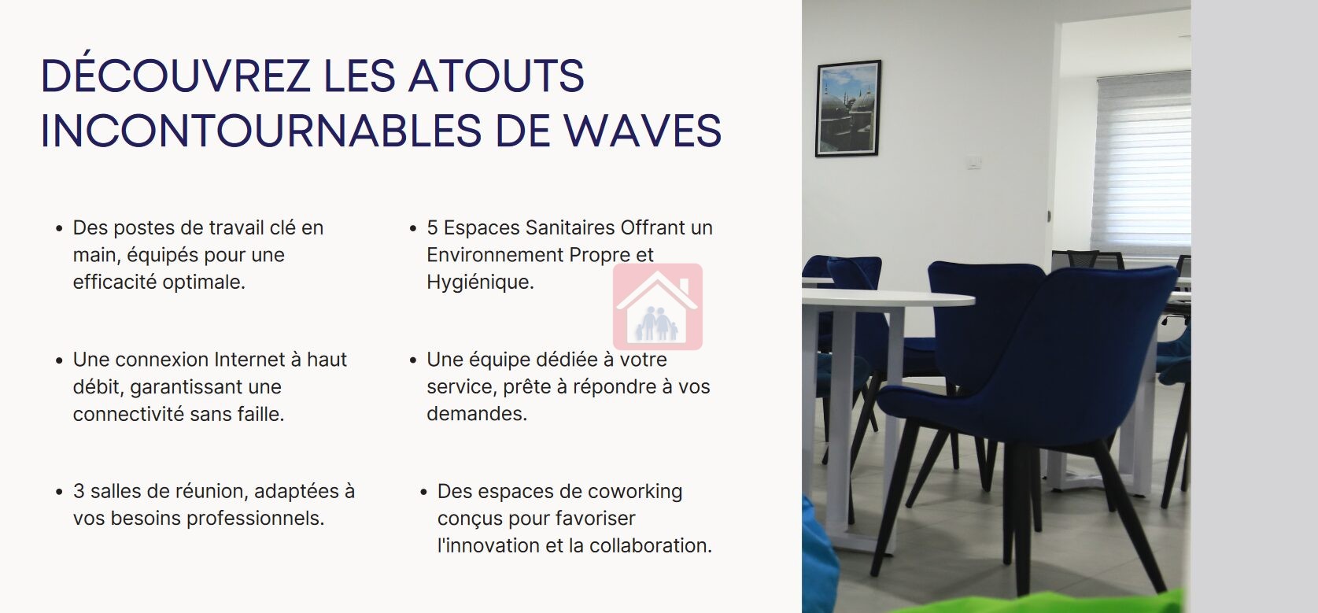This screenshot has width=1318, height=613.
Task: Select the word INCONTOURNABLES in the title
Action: [x=260, y=131]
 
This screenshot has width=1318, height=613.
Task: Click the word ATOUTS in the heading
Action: [x=496, y=76]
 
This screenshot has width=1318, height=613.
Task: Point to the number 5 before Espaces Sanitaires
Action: [x=432, y=227]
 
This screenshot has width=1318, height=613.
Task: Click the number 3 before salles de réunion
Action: [x=78, y=491]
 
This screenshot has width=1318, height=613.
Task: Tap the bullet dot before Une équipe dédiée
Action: [x=413, y=360]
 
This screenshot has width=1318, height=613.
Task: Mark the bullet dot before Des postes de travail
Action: [x=59, y=228]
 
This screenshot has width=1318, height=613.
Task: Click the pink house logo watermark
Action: [x=658, y=307]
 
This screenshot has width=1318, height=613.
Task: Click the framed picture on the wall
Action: [x=848, y=109]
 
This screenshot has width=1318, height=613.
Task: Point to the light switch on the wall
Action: [x=974, y=161]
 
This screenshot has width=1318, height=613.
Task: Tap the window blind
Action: [x=1142, y=164]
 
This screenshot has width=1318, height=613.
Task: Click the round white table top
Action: [x=888, y=297]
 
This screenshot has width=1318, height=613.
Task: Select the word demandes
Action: [x=477, y=414]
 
